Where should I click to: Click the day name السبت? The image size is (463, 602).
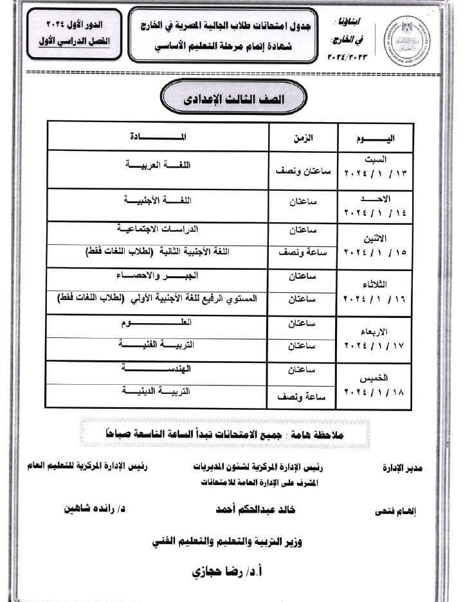coord(378,159)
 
